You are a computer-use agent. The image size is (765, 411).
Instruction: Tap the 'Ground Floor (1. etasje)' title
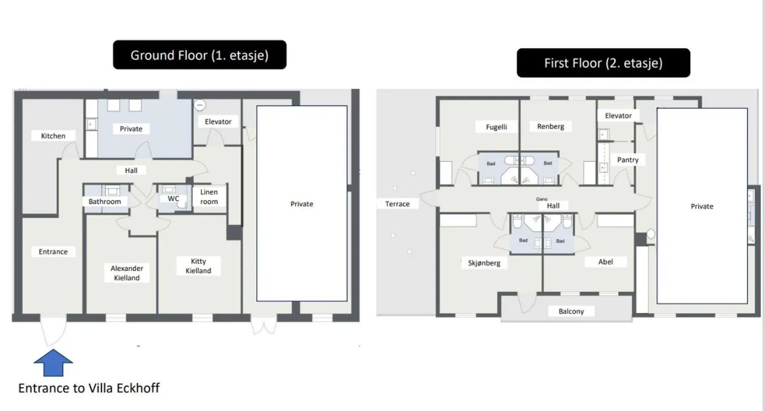(x=199, y=55)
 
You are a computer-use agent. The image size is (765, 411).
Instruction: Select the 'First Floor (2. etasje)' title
(x=603, y=63)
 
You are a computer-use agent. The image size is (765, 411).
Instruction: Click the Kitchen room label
(x=53, y=136)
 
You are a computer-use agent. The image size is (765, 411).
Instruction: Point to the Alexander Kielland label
(x=127, y=273)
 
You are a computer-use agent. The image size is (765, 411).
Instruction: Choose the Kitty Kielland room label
(x=198, y=266)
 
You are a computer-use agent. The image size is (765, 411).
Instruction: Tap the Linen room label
(x=209, y=197)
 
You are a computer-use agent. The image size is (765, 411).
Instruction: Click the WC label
(x=173, y=199)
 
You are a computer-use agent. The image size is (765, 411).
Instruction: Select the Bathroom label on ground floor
(x=104, y=202)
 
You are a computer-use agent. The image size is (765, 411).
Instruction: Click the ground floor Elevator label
(x=218, y=122)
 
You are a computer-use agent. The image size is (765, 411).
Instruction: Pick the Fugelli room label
(x=496, y=126)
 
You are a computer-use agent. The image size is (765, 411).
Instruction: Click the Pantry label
(x=628, y=160)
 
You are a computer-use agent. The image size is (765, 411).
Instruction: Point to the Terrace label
(x=397, y=204)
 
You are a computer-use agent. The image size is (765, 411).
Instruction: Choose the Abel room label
(x=605, y=262)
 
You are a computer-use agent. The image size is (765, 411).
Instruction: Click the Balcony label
(x=571, y=311)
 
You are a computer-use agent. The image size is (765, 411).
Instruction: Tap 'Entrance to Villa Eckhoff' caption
(x=89, y=388)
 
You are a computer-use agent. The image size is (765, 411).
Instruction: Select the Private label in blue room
(x=131, y=129)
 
